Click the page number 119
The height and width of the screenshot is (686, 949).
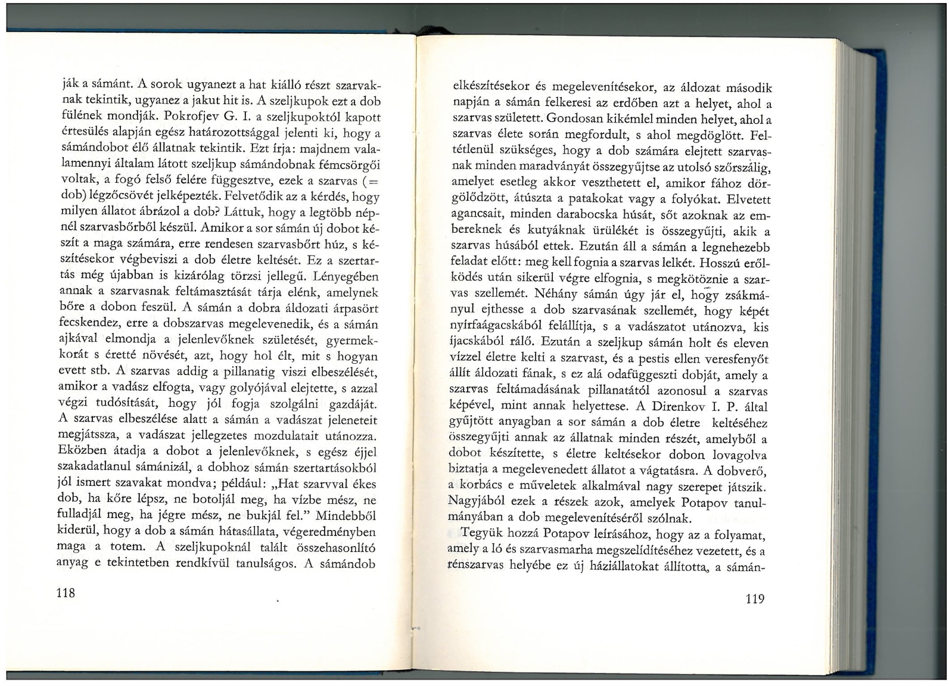point(754,599)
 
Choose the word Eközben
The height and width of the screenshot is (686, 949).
point(82,451)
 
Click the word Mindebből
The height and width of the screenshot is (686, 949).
point(349,515)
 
